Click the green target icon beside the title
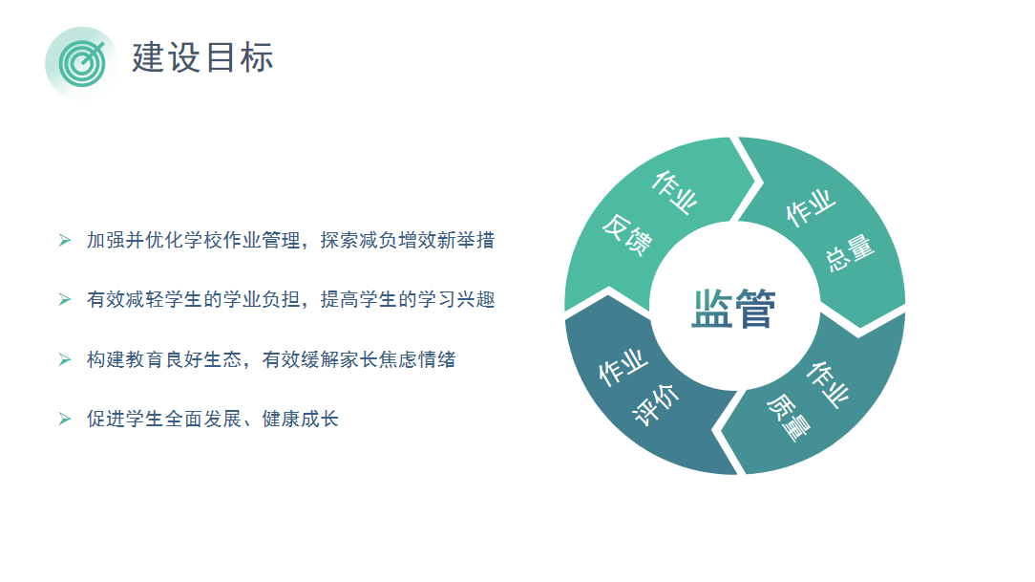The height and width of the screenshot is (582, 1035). click(82, 64)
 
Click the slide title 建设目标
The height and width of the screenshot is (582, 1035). click(202, 57)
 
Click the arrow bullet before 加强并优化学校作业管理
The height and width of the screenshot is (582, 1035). click(65, 240)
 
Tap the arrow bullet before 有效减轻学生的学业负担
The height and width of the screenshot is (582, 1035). click(65, 299)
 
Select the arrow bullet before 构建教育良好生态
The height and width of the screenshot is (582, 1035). click(65, 359)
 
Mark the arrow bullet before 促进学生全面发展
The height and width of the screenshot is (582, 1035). click(65, 419)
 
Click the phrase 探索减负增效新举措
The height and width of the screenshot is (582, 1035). click(408, 240)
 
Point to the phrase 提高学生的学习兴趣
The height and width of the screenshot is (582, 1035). click(408, 299)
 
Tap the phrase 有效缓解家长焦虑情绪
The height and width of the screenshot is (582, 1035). click(358, 359)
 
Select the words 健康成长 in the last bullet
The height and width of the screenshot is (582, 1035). click(301, 419)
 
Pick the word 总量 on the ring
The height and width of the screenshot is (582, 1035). click(850, 253)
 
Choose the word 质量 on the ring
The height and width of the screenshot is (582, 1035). click(788, 417)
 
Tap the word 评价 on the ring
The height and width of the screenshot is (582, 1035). click(655, 405)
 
